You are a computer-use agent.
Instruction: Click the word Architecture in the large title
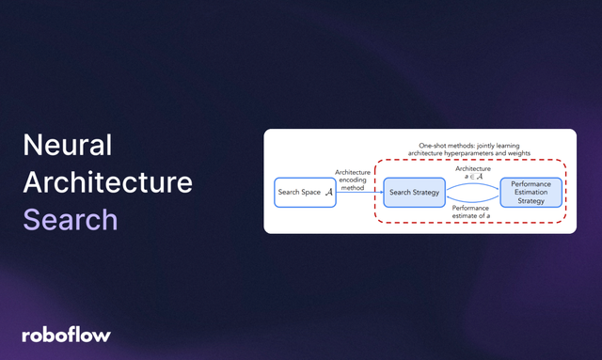[107, 182]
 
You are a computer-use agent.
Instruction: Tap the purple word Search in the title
[71, 219]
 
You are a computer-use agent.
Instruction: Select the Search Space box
[305, 192]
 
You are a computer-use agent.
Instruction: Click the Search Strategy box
[413, 192]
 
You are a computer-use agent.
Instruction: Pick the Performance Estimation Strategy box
[531, 192]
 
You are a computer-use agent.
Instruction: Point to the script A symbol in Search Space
[328, 192]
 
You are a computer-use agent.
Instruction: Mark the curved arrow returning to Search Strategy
[470, 203]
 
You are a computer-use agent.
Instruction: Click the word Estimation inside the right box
[531, 192]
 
